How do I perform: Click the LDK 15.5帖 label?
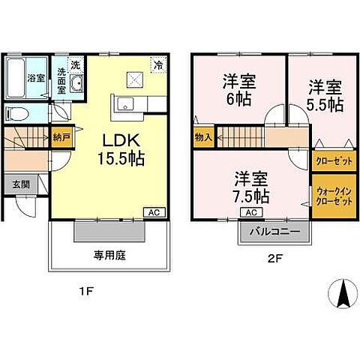click(118, 149)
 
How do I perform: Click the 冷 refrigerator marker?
click(159, 64)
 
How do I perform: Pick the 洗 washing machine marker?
click(75, 64)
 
